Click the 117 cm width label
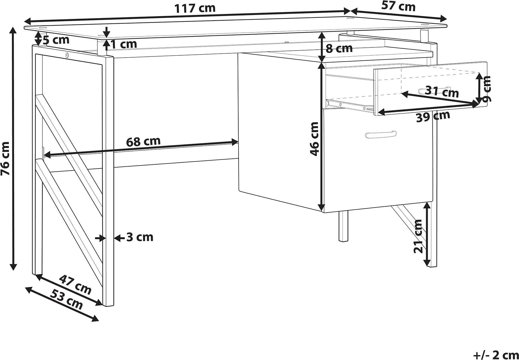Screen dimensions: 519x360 (195, 8)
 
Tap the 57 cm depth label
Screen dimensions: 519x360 (398, 6)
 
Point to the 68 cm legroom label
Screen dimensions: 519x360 (143, 141)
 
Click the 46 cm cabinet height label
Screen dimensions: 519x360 (314, 139)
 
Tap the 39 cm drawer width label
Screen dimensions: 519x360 (433, 116)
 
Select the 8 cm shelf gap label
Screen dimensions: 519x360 (339, 49)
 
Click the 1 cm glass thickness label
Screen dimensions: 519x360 (124, 44)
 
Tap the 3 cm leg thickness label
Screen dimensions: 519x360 (140, 237)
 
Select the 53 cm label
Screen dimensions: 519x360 (67, 300)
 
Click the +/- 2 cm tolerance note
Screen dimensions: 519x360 (496, 354)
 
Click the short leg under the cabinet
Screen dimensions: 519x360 (343, 226)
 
